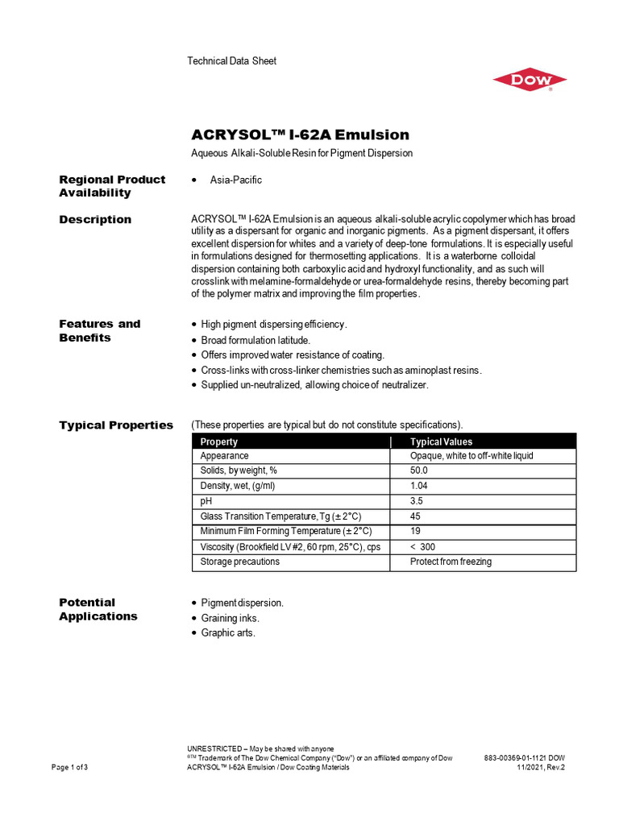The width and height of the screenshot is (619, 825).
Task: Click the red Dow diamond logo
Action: click(530, 81)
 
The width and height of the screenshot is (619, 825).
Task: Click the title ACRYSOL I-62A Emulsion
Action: click(300, 135)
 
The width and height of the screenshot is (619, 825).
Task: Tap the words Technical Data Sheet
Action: click(231, 61)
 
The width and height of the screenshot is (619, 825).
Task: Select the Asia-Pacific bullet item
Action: click(235, 180)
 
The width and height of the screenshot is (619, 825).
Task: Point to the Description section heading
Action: click(95, 219)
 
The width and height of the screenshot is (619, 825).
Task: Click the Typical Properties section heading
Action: click(115, 425)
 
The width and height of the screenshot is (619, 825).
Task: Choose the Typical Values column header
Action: click(441, 442)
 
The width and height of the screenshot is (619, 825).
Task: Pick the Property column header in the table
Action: click(218, 442)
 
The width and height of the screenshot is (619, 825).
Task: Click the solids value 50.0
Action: click(419, 471)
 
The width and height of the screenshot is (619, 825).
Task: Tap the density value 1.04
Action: click(419, 486)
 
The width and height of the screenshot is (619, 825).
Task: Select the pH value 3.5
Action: click(417, 501)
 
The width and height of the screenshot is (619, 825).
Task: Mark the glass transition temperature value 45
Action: click(416, 516)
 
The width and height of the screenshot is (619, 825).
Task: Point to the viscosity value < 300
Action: click(423, 547)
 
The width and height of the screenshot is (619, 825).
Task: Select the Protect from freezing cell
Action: click(451, 562)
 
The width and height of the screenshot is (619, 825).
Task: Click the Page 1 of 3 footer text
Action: click(70, 768)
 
